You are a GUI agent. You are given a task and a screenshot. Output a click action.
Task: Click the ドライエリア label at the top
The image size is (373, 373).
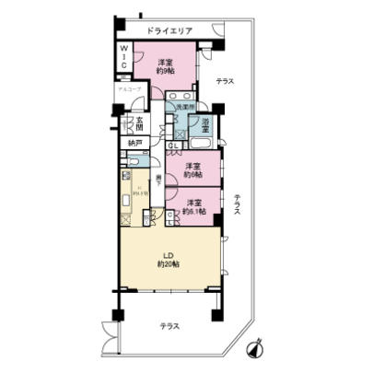(169, 31)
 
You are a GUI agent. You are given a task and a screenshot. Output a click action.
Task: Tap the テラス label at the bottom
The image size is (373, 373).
(168, 327)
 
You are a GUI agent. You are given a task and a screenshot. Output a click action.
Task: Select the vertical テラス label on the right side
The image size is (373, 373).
(237, 204)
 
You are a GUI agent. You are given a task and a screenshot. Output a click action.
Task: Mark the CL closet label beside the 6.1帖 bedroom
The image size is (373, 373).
(169, 217)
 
